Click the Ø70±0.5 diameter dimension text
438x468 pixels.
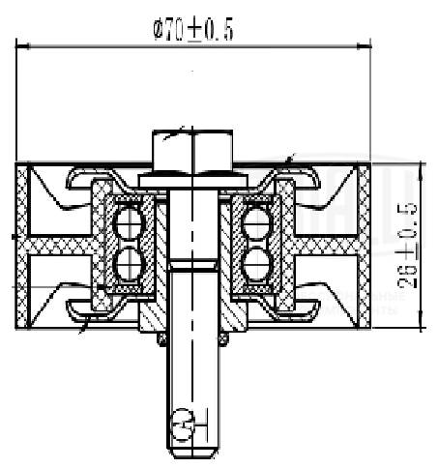coord(192,30)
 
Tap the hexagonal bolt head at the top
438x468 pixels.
coord(192,150)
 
